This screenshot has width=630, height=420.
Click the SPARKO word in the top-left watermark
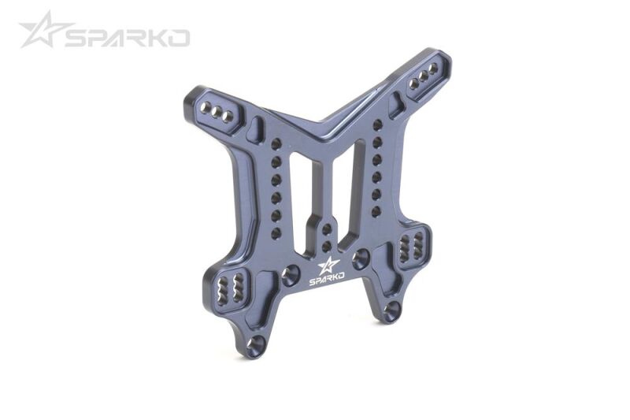[x=127, y=38]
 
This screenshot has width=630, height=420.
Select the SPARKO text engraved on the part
[x=327, y=281]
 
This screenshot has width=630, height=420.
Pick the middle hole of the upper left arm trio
[x=216, y=111]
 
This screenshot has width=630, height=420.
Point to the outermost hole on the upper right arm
[x=434, y=69]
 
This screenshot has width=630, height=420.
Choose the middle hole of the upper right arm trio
[x=424, y=75]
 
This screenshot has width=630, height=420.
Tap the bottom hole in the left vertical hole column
[x=276, y=233]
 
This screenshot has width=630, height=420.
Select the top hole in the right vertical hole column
[x=377, y=125]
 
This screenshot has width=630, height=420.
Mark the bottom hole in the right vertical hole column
[x=376, y=210]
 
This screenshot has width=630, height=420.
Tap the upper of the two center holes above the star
[x=327, y=229]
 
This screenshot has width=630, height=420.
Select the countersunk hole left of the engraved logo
[x=291, y=275]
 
